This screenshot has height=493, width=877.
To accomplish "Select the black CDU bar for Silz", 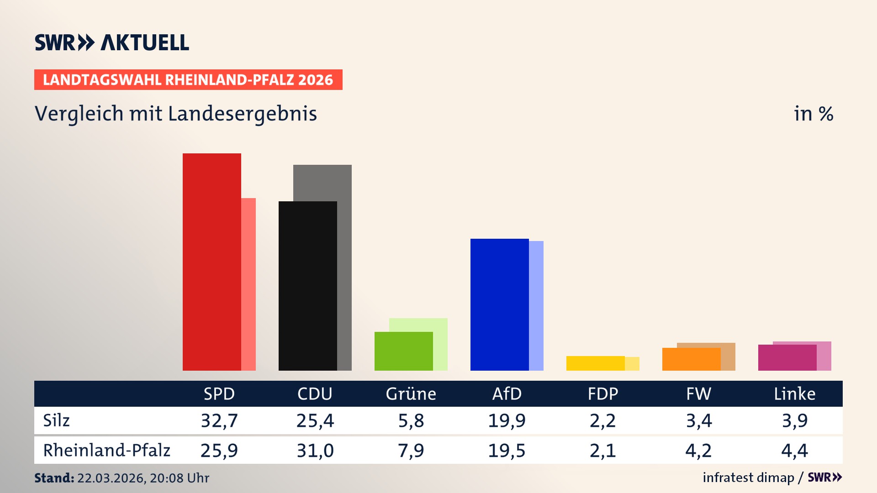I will tap(307, 286).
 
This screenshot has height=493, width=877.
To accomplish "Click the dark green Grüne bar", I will tap(403, 351).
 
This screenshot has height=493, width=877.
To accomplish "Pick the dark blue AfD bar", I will tap(499, 304).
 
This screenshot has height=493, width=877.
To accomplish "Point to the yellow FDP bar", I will tap(595, 363).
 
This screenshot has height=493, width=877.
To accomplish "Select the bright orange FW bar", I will tap(691, 359).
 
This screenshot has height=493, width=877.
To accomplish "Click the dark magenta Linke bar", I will tap(787, 358).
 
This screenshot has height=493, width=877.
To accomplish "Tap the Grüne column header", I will tap(411, 393).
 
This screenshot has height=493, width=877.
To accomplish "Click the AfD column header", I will tap(507, 393).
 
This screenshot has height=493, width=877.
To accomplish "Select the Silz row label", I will tap(56, 420).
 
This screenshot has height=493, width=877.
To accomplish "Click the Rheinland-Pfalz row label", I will tap(106, 451).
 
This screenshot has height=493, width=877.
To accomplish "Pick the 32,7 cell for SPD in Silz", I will tap(219, 420).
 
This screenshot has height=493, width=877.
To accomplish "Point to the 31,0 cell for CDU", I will tap(315, 451).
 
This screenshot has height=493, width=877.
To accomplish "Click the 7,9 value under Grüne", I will tap(411, 451).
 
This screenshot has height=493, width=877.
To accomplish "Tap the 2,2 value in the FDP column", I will tap(602, 420).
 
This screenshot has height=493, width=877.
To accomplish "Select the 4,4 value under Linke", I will tap(794, 451).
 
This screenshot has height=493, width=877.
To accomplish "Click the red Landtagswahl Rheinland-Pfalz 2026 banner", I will tap(188, 80).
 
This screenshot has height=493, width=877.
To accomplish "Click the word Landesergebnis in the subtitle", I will tap(243, 114).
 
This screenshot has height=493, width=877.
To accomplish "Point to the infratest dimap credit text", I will tap(748, 477).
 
